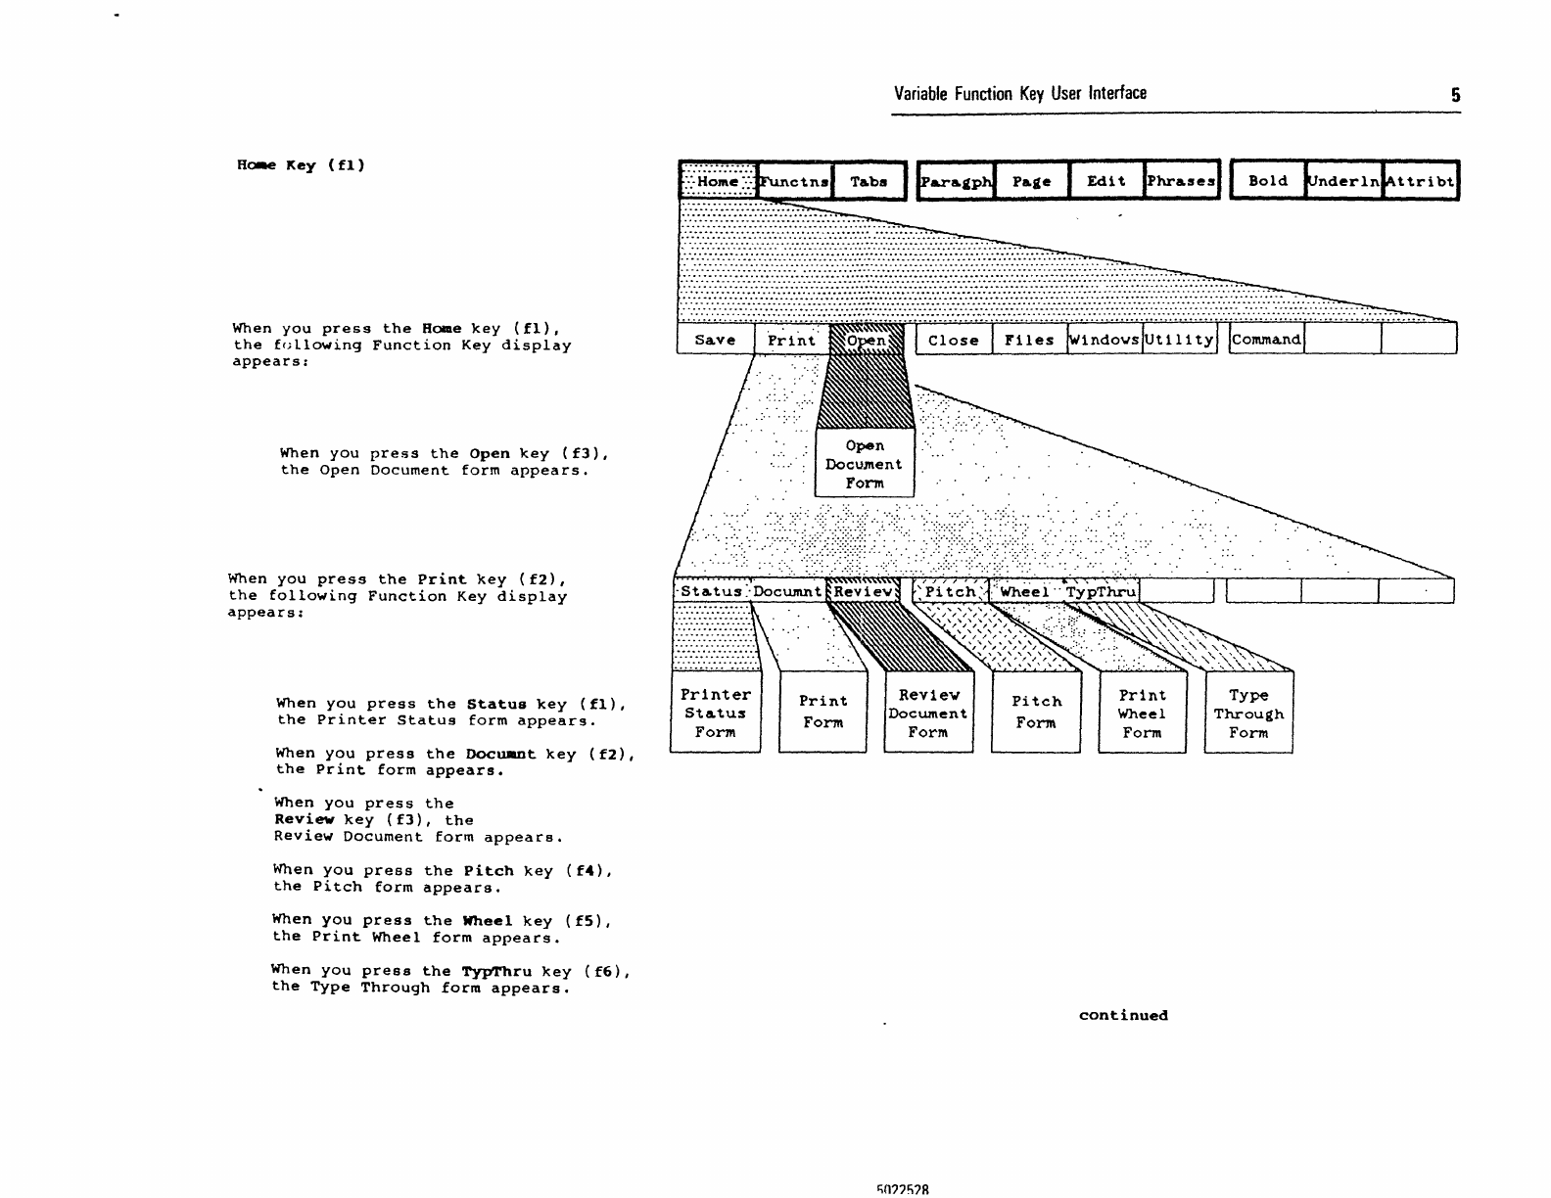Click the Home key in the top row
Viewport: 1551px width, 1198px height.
(718, 181)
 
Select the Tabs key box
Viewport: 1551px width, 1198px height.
(869, 181)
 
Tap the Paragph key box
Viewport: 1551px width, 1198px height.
(956, 181)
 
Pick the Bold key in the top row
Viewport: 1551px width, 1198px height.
(1267, 181)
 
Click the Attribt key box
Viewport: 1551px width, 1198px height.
(1420, 181)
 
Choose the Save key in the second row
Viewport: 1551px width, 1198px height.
(715, 340)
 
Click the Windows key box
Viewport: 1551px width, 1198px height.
(1104, 340)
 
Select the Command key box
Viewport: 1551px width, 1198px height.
(1266, 340)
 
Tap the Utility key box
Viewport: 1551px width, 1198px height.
(1180, 340)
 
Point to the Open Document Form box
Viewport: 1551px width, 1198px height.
(865, 464)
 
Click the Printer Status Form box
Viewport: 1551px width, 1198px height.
(715, 713)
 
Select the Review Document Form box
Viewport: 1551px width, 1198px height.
(928, 713)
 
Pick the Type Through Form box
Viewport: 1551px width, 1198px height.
(1248, 713)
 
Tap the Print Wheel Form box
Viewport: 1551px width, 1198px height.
(1142, 713)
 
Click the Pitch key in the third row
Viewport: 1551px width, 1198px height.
(951, 591)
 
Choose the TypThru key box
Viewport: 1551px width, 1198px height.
(1102, 591)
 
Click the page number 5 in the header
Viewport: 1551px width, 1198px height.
(1456, 95)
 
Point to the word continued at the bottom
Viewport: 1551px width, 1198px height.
(1123, 1015)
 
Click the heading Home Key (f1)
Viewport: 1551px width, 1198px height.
(301, 164)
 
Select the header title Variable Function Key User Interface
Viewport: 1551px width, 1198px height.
(1019, 93)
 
